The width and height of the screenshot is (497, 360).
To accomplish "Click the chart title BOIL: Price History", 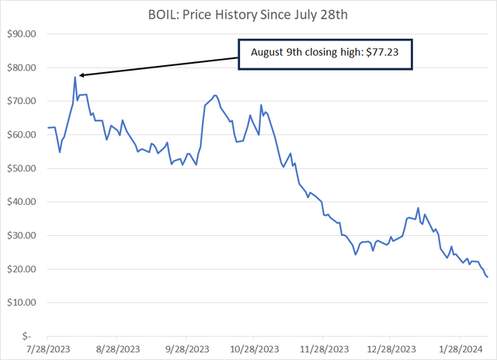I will [x=248, y=14].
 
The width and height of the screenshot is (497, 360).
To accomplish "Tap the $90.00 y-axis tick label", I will [x=22, y=34].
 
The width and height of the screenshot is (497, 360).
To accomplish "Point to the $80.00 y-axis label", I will [x=22, y=67].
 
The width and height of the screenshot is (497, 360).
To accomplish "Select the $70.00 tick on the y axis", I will [x=22, y=101].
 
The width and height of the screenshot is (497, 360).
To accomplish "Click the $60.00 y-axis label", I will [x=22, y=134].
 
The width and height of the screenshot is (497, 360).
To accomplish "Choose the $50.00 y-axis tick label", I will [x=22, y=168].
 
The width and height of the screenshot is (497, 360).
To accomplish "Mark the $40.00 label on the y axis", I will [x=22, y=202].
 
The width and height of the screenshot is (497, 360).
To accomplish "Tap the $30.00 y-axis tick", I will [x=22, y=235].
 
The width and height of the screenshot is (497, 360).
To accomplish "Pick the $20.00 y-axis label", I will [x=22, y=268].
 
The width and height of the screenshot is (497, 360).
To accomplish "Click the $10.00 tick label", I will [x=22, y=302].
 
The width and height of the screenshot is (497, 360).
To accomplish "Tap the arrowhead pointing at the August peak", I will [x=81, y=75].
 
